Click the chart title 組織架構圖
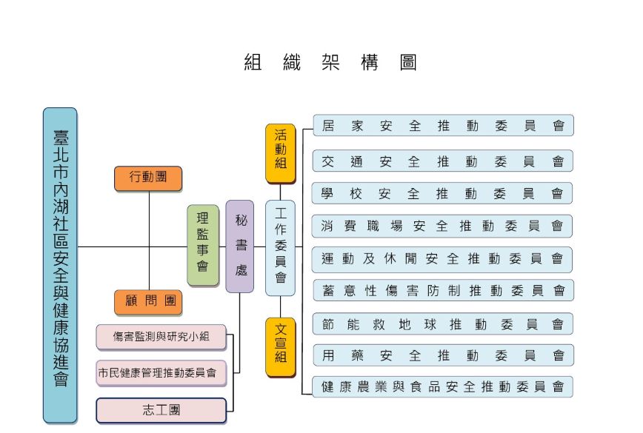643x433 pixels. [x=330, y=63]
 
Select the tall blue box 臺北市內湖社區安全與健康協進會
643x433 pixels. [x=60, y=265]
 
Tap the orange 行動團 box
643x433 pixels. [x=149, y=178]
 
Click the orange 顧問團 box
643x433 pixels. [x=149, y=302]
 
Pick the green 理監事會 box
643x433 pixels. [x=202, y=246]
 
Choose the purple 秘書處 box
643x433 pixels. [x=240, y=246]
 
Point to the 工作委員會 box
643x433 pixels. [x=280, y=246]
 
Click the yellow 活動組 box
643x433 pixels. [x=280, y=153]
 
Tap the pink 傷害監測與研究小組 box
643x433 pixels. [x=161, y=338]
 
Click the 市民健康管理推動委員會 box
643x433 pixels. [x=161, y=373]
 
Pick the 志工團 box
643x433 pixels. [x=161, y=409]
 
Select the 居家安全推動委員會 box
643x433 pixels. [x=443, y=126]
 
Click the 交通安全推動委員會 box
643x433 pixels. [x=443, y=161]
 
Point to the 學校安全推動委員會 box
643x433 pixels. [x=442, y=194]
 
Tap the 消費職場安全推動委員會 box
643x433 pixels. [x=442, y=226]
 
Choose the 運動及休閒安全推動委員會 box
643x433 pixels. [x=442, y=259]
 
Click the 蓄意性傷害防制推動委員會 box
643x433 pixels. [x=443, y=290]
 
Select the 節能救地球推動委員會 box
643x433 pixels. [x=443, y=323]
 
